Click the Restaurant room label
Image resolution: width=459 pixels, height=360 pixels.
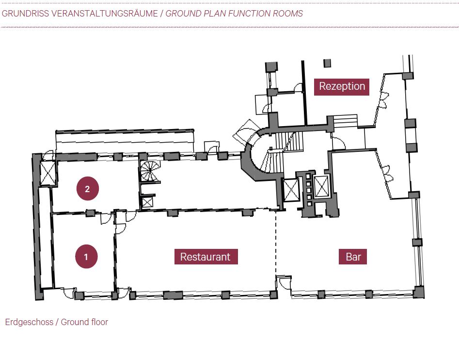pyautogui.click(x=206, y=257)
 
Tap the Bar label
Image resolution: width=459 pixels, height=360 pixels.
pyautogui.click(x=353, y=257)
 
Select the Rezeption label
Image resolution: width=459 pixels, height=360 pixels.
pyautogui.click(x=342, y=86)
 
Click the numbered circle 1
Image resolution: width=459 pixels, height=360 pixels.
pyautogui.click(x=86, y=257)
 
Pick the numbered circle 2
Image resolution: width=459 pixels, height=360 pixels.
pyautogui.click(x=87, y=189)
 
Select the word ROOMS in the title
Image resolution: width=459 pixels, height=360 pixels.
pyautogui.click(x=289, y=14)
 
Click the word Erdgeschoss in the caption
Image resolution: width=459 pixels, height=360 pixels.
pyautogui.click(x=29, y=322)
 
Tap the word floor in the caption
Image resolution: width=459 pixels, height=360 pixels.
pyautogui.click(x=98, y=322)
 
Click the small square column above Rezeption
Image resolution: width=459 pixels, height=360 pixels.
pyautogui.click(x=327, y=63)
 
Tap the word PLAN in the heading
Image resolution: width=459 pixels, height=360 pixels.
pyautogui.click(x=204, y=14)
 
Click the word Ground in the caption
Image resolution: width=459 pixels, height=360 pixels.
pyautogui.click(x=75, y=322)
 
